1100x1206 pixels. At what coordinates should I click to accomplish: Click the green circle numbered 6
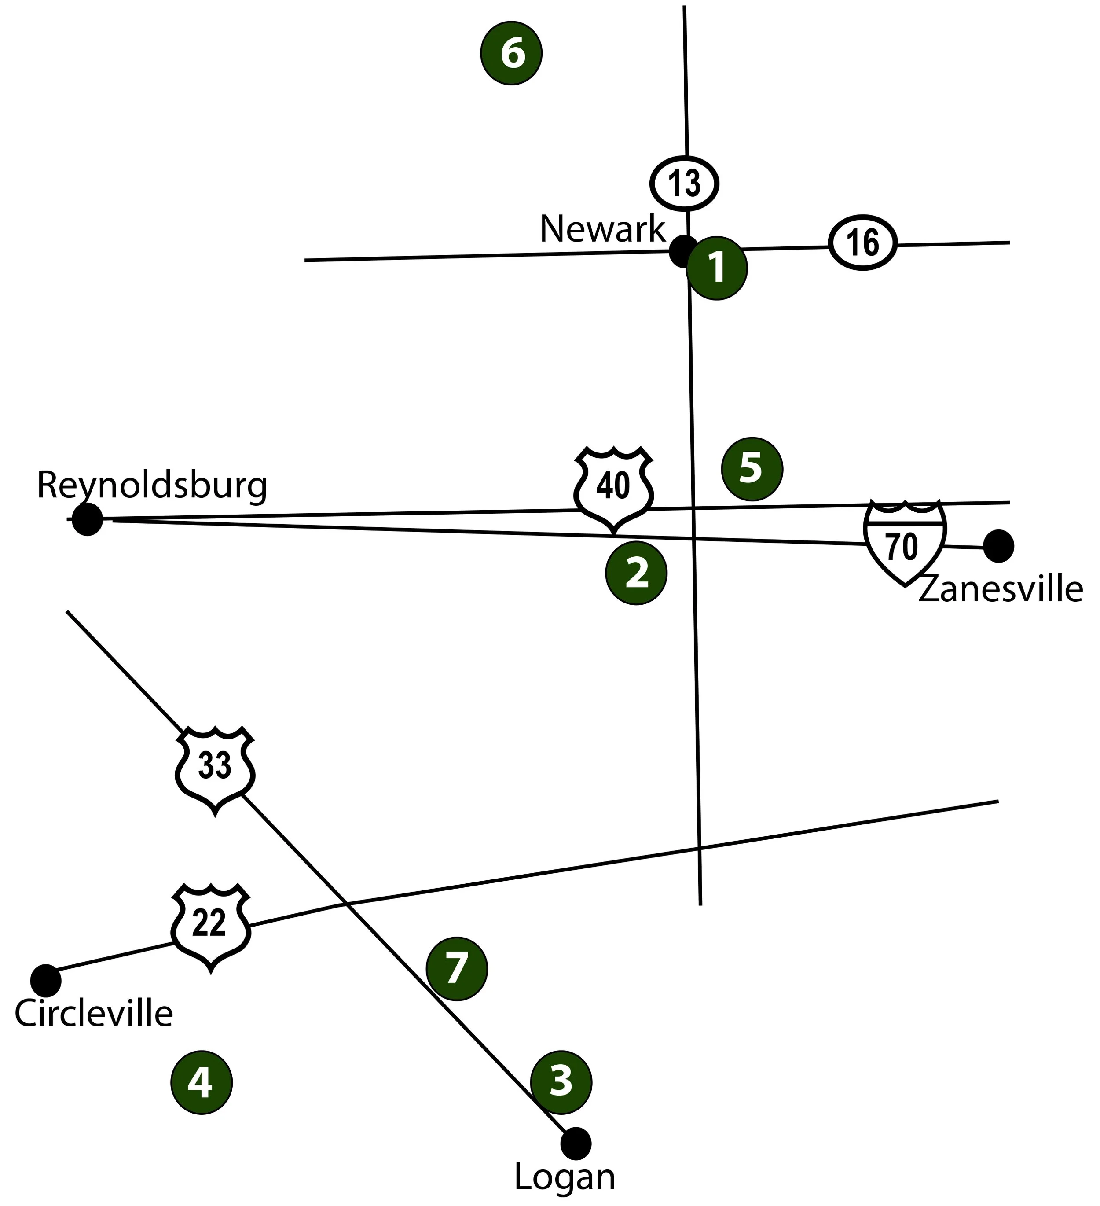click(x=511, y=53)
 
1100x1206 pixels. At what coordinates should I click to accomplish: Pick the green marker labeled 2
click(x=636, y=573)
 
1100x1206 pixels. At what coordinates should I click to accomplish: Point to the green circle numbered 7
click(x=456, y=968)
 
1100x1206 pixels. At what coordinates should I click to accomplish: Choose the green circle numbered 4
click(x=201, y=1083)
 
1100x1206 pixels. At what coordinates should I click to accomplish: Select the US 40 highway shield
click(x=613, y=488)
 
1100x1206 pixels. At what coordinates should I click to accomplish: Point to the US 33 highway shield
click(x=215, y=768)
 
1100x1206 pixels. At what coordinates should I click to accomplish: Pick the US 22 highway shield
click(x=210, y=926)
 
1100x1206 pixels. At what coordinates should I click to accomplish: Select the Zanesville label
click(x=1000, y=589)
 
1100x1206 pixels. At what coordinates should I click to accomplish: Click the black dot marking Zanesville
click(x=998, y=546)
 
